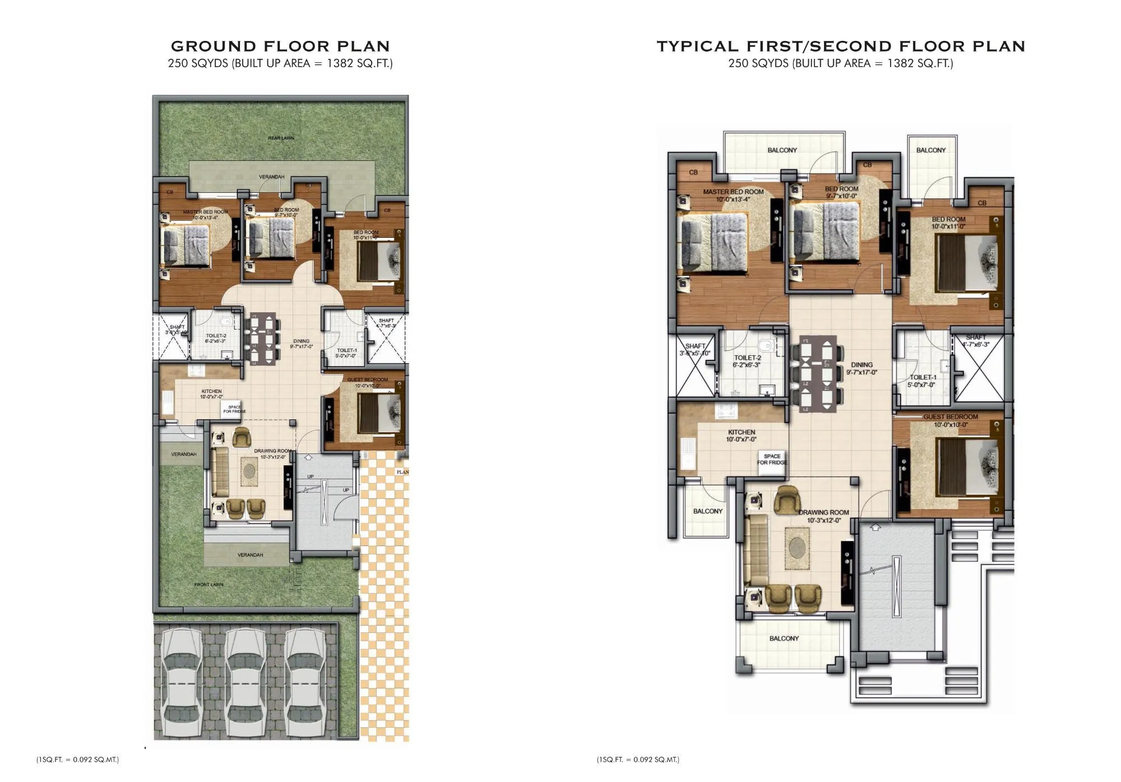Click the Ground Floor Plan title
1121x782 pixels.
click(280, 46)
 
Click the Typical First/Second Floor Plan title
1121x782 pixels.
click(841, 46)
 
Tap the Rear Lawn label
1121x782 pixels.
click(281, 138)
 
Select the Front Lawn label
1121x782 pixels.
click(209, 585)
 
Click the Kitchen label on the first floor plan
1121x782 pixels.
click(741, 436)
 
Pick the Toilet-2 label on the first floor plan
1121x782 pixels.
click(747, 361)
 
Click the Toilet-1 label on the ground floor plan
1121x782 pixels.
click(346, 353)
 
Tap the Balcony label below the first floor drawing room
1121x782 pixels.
click(784, 638)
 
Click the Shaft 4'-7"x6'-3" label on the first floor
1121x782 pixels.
click(975, 341)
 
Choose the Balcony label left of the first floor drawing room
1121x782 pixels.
click(707, 511)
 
